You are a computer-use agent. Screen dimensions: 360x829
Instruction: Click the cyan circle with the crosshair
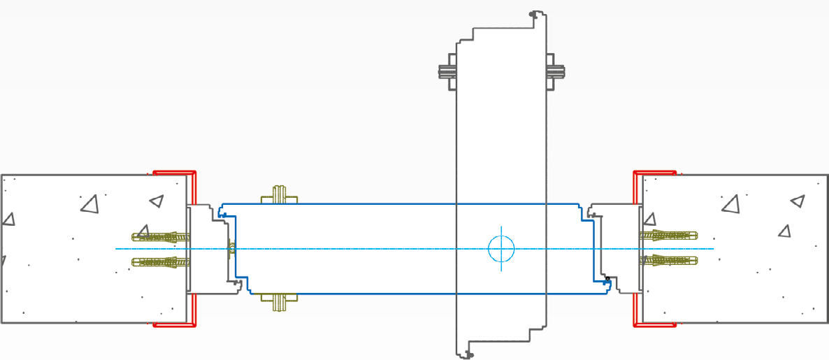click(x=501, y=248)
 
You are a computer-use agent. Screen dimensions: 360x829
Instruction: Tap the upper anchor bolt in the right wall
click(x=668, y=236)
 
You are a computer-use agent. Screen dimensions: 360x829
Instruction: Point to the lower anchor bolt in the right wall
click(x=668, y=261)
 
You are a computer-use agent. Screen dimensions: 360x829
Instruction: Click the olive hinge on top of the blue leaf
click(x=279, y=195)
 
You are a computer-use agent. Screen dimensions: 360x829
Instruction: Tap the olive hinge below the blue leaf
click(x=279, y=301)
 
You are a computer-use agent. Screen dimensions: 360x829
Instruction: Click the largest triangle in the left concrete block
click(x=89, y=204)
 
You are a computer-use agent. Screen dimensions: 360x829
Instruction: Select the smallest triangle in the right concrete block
click(x=784, y=230)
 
